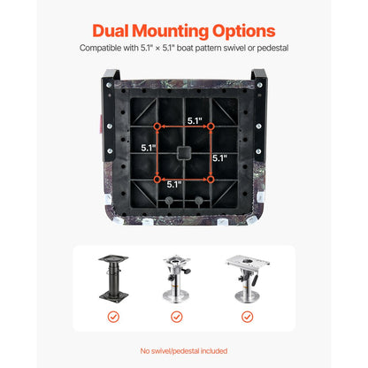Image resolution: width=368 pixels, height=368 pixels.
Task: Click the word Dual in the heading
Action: [111, 31]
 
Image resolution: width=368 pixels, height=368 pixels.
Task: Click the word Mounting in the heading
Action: [171, 32]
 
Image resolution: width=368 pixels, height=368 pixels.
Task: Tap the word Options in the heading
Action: [243, 32]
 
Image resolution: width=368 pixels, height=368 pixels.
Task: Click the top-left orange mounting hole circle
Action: [157, 126]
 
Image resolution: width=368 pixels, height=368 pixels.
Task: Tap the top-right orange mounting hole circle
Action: [211, 126]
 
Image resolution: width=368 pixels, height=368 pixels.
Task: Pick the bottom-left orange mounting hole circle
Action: [157, 180]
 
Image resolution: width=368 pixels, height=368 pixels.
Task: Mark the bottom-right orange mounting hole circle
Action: [211, 180]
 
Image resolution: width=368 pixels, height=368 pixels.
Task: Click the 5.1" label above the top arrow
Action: [195, 120]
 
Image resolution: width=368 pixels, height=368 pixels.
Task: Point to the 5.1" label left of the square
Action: [148, 148]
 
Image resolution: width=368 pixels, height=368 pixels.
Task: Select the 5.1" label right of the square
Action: [220, 158]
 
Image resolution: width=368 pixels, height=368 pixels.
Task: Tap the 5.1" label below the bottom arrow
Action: [174, 185]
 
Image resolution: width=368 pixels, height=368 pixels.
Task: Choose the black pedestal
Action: [113, 279]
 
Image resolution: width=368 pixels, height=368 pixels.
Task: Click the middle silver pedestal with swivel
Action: [176, 279]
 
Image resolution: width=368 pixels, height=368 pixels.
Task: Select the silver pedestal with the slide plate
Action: [248, 279]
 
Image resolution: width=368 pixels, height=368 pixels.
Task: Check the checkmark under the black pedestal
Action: [113, 317]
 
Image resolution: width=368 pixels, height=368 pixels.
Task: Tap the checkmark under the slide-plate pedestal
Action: [247, 317]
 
